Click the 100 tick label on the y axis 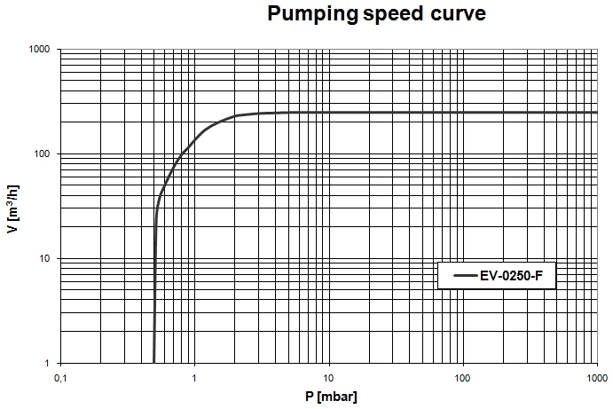[43, 154]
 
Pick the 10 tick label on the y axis [46, 259]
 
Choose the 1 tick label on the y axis [50, 364]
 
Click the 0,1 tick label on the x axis [60, 378]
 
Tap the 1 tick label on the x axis [194, 378]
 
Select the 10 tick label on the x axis [329, 378]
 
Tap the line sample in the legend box [465, 276]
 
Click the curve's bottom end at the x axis [154, 362]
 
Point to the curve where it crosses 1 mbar [194, 140]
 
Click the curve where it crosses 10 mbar [329, 113]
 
